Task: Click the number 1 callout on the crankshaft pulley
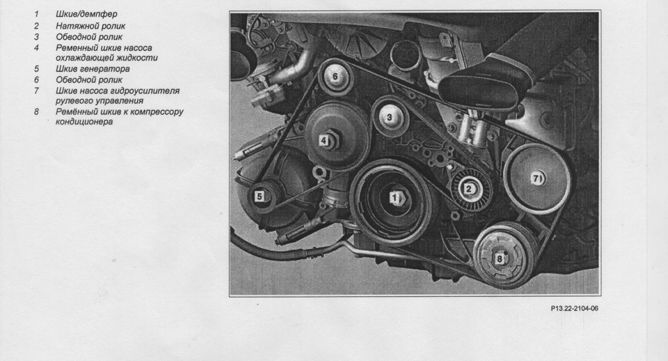[x=395, y=197]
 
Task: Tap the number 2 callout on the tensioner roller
[x=469, y=189]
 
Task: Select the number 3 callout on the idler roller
[x=389, y=117]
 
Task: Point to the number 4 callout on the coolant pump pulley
[x=324, y=140]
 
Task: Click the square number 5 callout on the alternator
[x=259, y=197]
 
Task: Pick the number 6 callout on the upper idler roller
[x=335, y=77]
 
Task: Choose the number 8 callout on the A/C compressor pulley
[x=500, y=259]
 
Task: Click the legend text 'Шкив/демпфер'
[x=86, y=14]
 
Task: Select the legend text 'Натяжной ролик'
[x=90, y=26]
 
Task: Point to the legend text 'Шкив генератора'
[x=93, y=69]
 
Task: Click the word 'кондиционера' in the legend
[x=84, y=122]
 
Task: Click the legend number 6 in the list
[x=37, y=79]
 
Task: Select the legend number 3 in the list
[x=37, y=37]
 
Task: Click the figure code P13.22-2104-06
[x=574, y=308]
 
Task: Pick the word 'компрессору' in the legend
[x=157, y=112]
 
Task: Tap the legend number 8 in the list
[x=37, y=112]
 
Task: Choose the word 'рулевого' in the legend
[x=74, y=101]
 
